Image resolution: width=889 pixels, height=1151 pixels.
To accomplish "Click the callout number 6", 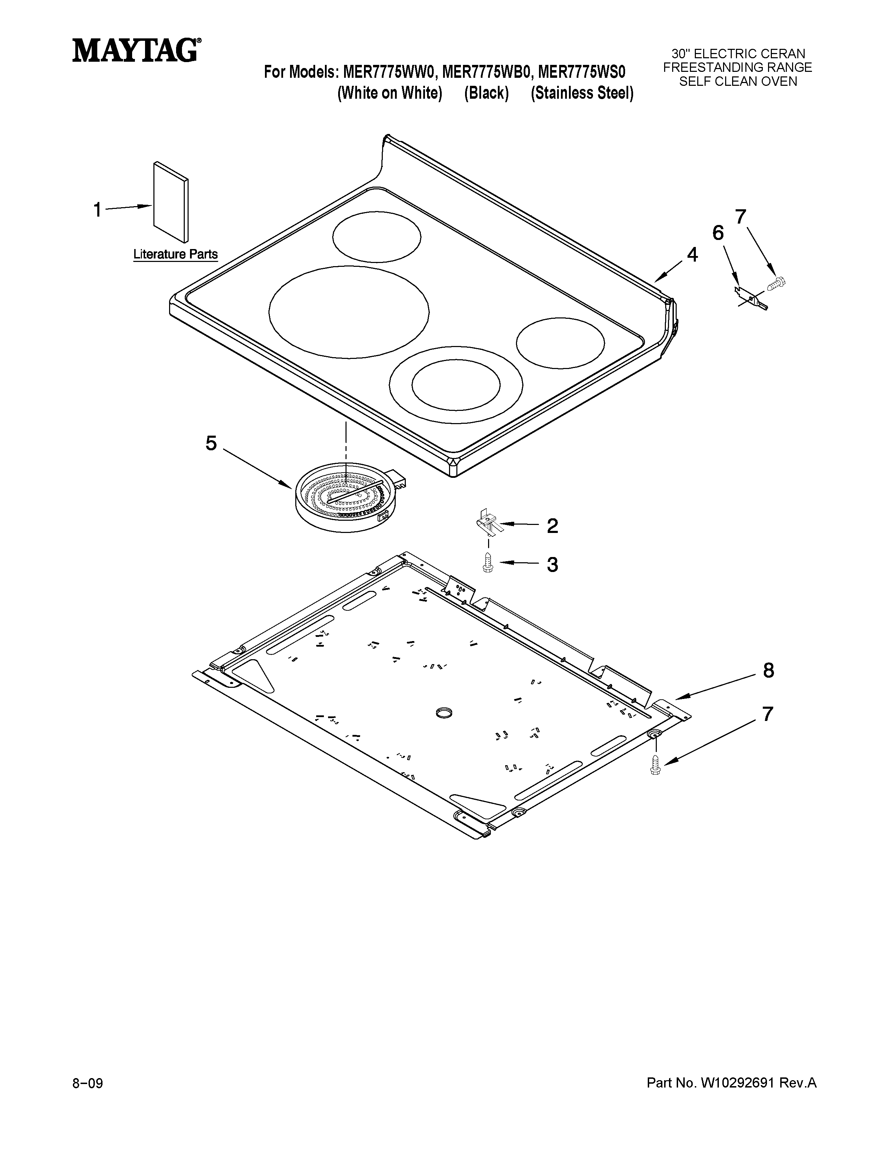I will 718,233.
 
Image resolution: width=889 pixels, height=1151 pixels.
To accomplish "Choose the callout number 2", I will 552,526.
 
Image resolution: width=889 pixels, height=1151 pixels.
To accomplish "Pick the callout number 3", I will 552,565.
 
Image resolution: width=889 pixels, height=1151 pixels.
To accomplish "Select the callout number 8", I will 768,671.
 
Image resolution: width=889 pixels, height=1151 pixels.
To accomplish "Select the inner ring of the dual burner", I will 456,385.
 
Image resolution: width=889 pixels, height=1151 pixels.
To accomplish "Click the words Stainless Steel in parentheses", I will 582,93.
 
